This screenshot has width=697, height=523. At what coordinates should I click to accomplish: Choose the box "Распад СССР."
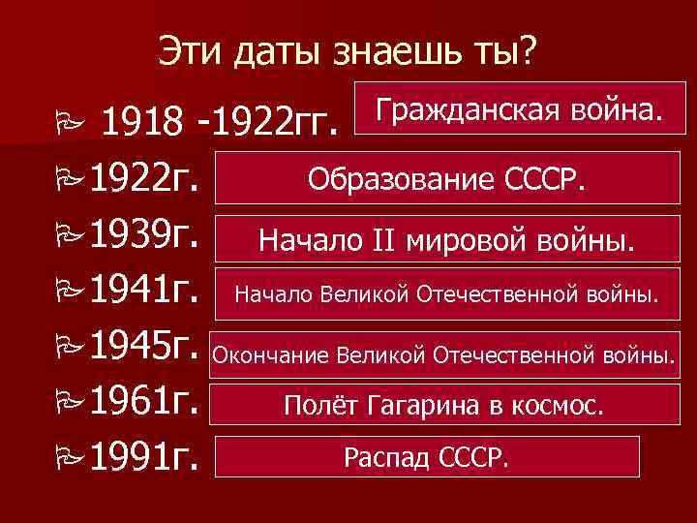pyautogui.click(x=426, y=456)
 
